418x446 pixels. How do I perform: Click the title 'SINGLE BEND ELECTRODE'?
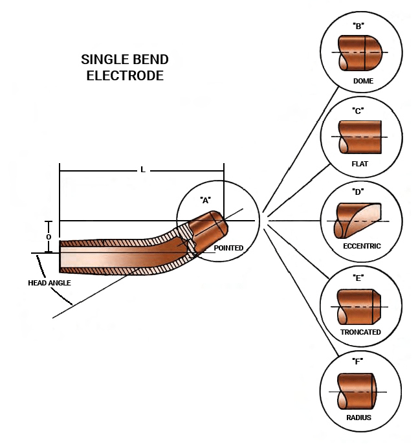(124, 67)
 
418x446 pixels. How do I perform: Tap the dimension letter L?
(143, 170)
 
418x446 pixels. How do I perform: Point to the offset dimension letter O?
(49, 237)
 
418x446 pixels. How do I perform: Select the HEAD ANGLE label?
(49, 283)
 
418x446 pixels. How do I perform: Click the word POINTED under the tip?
(228, 248)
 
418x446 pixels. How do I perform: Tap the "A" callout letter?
(206, 200)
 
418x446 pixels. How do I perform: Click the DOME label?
(362, 82)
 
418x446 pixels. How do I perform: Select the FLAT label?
(360, 164)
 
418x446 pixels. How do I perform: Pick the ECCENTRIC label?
(362, 246)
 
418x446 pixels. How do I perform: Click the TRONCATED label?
(360, 332)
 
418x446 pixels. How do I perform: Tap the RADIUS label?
(358, 418)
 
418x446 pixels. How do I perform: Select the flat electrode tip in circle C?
(360, 137)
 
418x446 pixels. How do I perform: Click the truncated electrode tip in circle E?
(359, 306)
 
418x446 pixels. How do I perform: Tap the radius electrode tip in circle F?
(358, 391)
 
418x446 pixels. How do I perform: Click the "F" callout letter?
(358, 361)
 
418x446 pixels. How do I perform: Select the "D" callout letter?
(358, 192)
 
